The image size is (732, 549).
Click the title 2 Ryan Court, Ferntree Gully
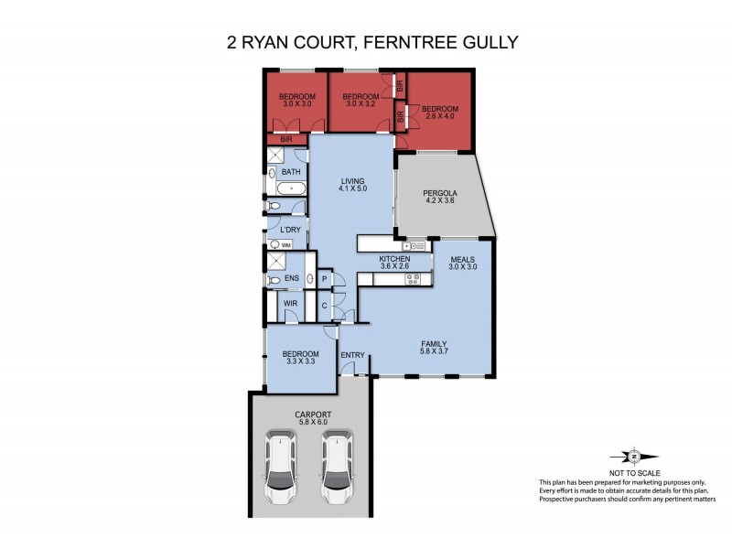[365, 42]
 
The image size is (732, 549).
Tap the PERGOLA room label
[440, 193]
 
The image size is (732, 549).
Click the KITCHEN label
[394, 259]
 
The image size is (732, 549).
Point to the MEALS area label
[463, 259]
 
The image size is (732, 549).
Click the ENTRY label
[353, 355]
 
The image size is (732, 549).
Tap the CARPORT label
[312, 414]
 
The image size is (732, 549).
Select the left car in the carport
[281, 467]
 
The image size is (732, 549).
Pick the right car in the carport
[337, 467]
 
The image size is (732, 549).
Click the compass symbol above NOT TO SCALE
[634, 455]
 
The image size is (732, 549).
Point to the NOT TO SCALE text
[634, 471]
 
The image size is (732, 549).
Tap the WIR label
[290, 302]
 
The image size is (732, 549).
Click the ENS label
[292, 278]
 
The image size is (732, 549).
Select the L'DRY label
[291, 229]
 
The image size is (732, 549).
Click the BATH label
[291, 172]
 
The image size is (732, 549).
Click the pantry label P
[324, 278]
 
